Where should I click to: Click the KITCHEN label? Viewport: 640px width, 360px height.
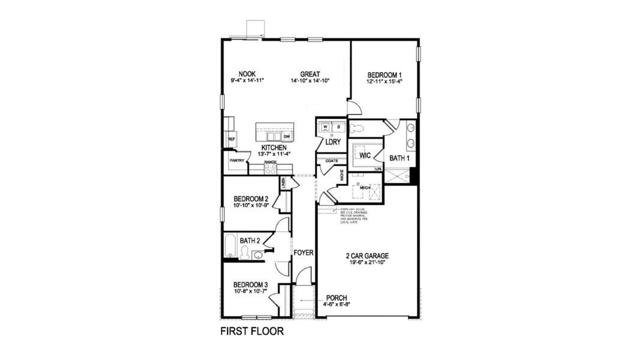click(x=273, y=148)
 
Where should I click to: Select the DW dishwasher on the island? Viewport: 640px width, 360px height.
click(x=287, y=136)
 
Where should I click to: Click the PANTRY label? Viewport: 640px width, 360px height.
click(x=236, y=161)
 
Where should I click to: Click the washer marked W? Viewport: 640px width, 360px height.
click(x=325, y=127)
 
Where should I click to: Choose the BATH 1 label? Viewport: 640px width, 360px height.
click(x=399, y=158)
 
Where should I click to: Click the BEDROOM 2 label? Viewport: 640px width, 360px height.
click(x=250, y=199)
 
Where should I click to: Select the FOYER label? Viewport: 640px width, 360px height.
click(x=304, y=253)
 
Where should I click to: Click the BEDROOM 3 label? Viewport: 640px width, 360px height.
click(x=250, y=284)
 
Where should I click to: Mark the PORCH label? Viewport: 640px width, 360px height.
click(x=336, y=298)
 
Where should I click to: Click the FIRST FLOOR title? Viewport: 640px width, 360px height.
click(x=251, y=331)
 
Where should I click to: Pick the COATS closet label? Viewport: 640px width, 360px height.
click(x=332, y=161)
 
